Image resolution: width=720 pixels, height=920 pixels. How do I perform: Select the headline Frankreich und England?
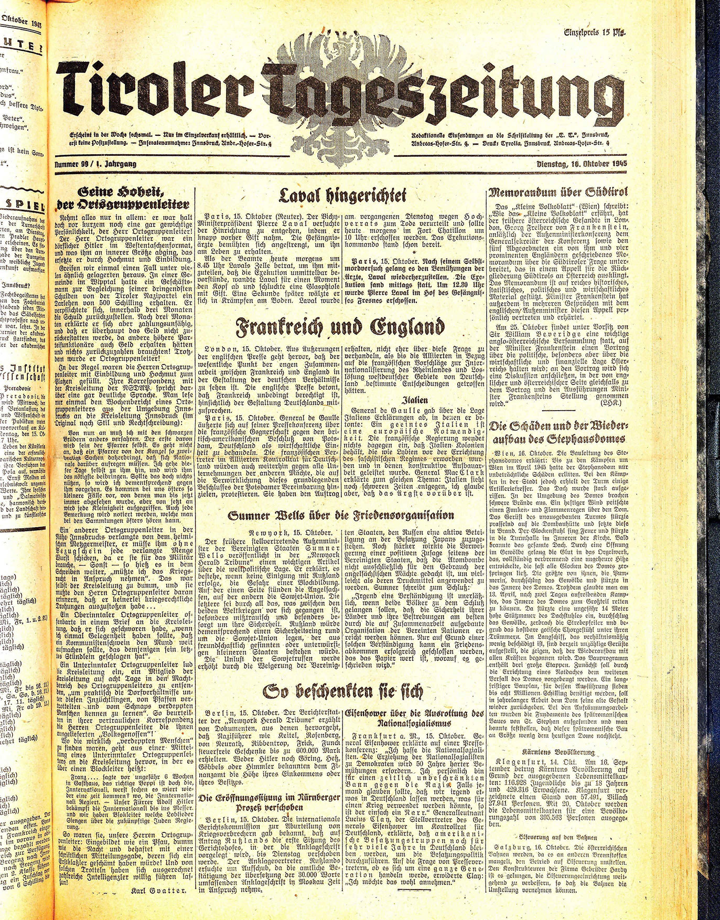(340, 328)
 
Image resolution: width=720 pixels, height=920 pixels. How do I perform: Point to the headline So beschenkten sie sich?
(342, 692)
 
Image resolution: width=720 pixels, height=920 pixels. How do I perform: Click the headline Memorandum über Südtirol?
(558, 192)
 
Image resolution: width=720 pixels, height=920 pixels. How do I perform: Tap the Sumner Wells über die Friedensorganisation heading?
(341, 516)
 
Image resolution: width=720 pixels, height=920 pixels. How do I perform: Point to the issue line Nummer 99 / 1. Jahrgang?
(95, 164)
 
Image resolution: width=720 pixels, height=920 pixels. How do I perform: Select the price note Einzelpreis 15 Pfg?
(588, 33)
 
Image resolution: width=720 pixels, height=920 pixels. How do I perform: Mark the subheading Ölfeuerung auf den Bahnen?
(557, 833)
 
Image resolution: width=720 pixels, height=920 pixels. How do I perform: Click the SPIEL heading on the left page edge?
(24, 205)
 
